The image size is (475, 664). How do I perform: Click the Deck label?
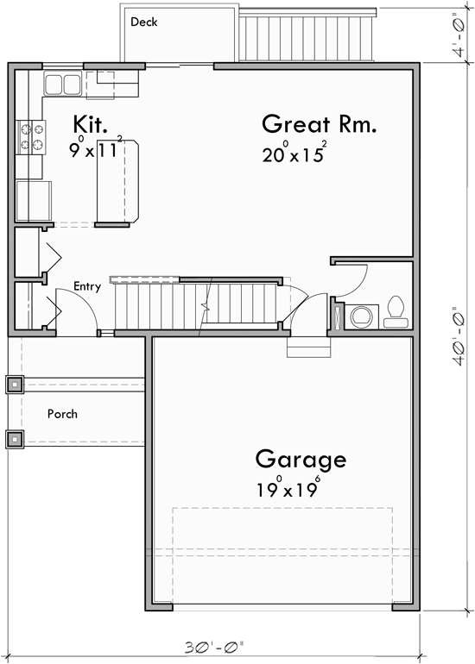(x=143, y=22)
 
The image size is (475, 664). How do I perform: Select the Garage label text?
(x=301, y=459)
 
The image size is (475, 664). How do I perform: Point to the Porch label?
(x=62, y=414)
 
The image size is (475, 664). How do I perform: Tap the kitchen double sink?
(x=61, y=84)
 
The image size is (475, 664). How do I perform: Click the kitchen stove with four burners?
(x=29, y=135)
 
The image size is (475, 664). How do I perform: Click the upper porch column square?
(x=15, y=385)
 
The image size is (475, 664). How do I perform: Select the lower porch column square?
(x=15, y=438)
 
